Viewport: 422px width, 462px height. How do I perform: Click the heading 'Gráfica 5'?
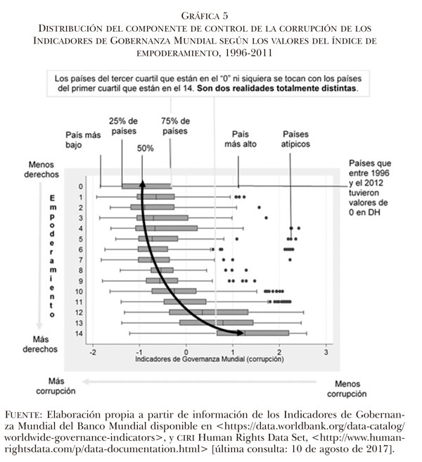click(x=211, y=13)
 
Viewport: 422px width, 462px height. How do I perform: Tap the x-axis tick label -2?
click(x=92, y=351)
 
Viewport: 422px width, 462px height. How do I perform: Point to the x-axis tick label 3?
click(x=326, y=351)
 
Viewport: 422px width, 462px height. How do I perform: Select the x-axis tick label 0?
click(x=186, y=351)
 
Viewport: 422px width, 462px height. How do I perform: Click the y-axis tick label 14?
click(x=80, y=333)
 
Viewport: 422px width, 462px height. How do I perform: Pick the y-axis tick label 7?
click(x=82, y=260)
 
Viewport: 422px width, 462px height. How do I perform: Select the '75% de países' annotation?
click(x=174, y=126)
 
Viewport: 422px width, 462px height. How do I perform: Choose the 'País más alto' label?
click(x=242, y=139)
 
